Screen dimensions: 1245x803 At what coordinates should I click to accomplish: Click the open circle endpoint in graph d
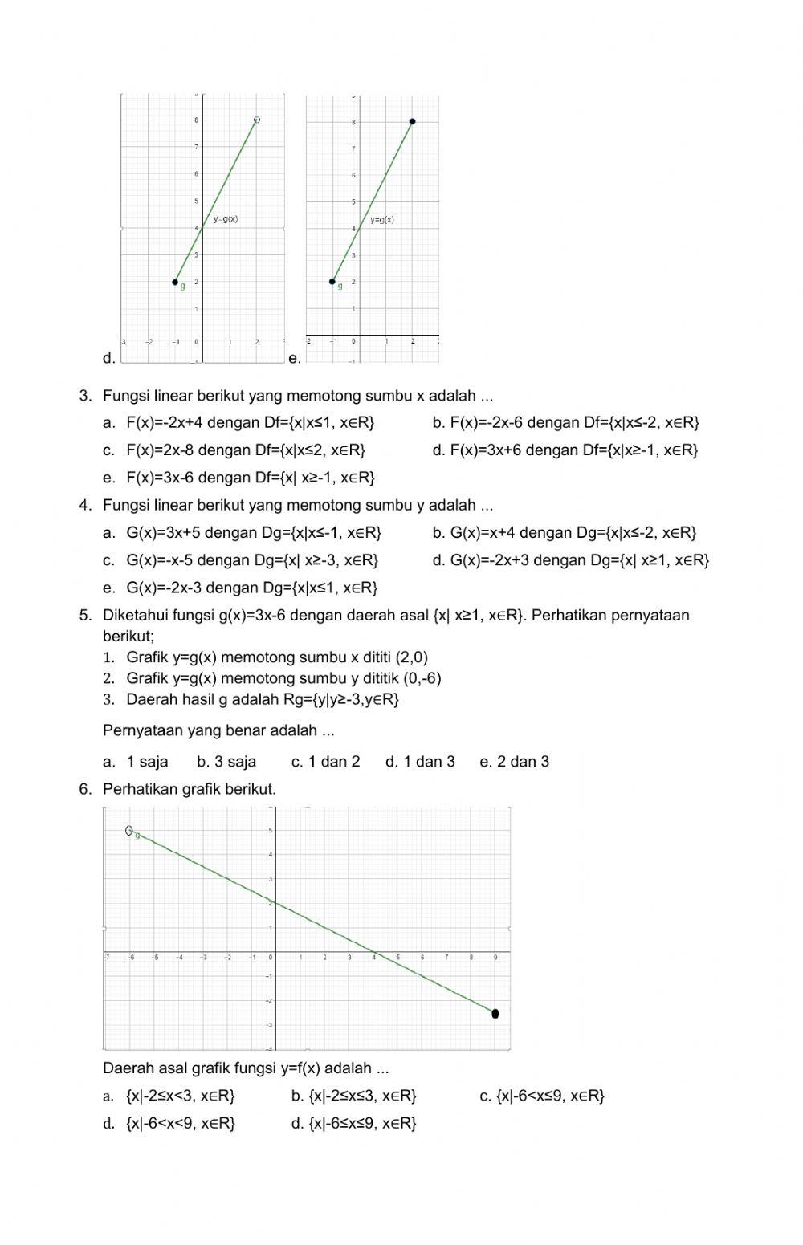point(257,120)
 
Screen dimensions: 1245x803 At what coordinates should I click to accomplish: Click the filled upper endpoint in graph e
point(412,121)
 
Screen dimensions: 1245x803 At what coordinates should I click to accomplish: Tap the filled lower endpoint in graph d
point(175,282)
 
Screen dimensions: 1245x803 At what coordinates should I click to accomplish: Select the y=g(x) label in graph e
point(382,219)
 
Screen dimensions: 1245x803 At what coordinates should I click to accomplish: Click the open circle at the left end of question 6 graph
point(128,830)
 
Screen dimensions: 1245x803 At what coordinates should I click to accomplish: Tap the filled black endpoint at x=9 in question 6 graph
point(495,1014)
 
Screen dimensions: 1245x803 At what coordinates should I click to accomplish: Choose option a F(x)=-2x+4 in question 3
point(250,422)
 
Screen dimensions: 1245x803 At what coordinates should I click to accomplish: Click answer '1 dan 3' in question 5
point(420,761)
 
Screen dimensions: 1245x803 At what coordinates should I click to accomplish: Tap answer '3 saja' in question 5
point(226,761)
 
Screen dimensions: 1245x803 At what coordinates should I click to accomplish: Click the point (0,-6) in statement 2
point(422,678)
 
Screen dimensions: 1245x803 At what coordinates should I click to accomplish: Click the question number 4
point(84,505)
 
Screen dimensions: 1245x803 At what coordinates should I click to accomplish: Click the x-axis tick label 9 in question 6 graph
point(495,957)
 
